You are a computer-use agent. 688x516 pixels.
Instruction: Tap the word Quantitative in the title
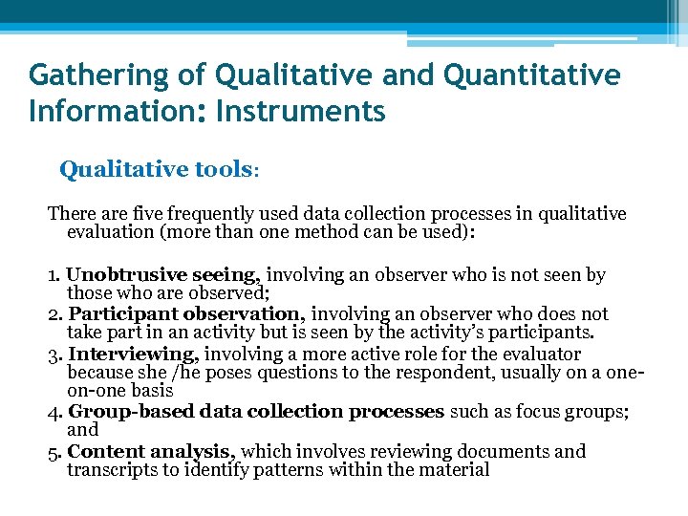pyautogui.click(x=529, y=75)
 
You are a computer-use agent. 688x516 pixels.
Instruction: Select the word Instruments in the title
pyautogui.click(x=301, y=112)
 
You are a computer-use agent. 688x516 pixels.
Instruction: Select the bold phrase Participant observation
pyautogui.click(x=187, y=314)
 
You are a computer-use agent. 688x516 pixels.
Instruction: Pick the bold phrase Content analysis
pyautogui.click(x=153, y=451)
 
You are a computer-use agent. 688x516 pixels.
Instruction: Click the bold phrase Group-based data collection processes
pyautogui.click(x=256, y=412)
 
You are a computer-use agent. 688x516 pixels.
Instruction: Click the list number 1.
pyautogui.click(x=54, y=276)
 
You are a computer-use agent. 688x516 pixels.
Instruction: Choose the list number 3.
pyautogui.click(x=54, y=355)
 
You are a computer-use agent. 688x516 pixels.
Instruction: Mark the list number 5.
pyautogui.click(x=54, y=452)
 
